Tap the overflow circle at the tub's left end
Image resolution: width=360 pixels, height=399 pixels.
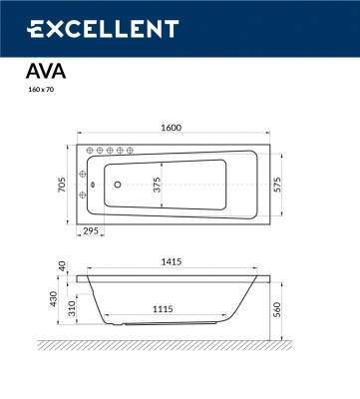click(x=91, y=183)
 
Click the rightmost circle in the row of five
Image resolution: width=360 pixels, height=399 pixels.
click(x=131, y=151)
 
